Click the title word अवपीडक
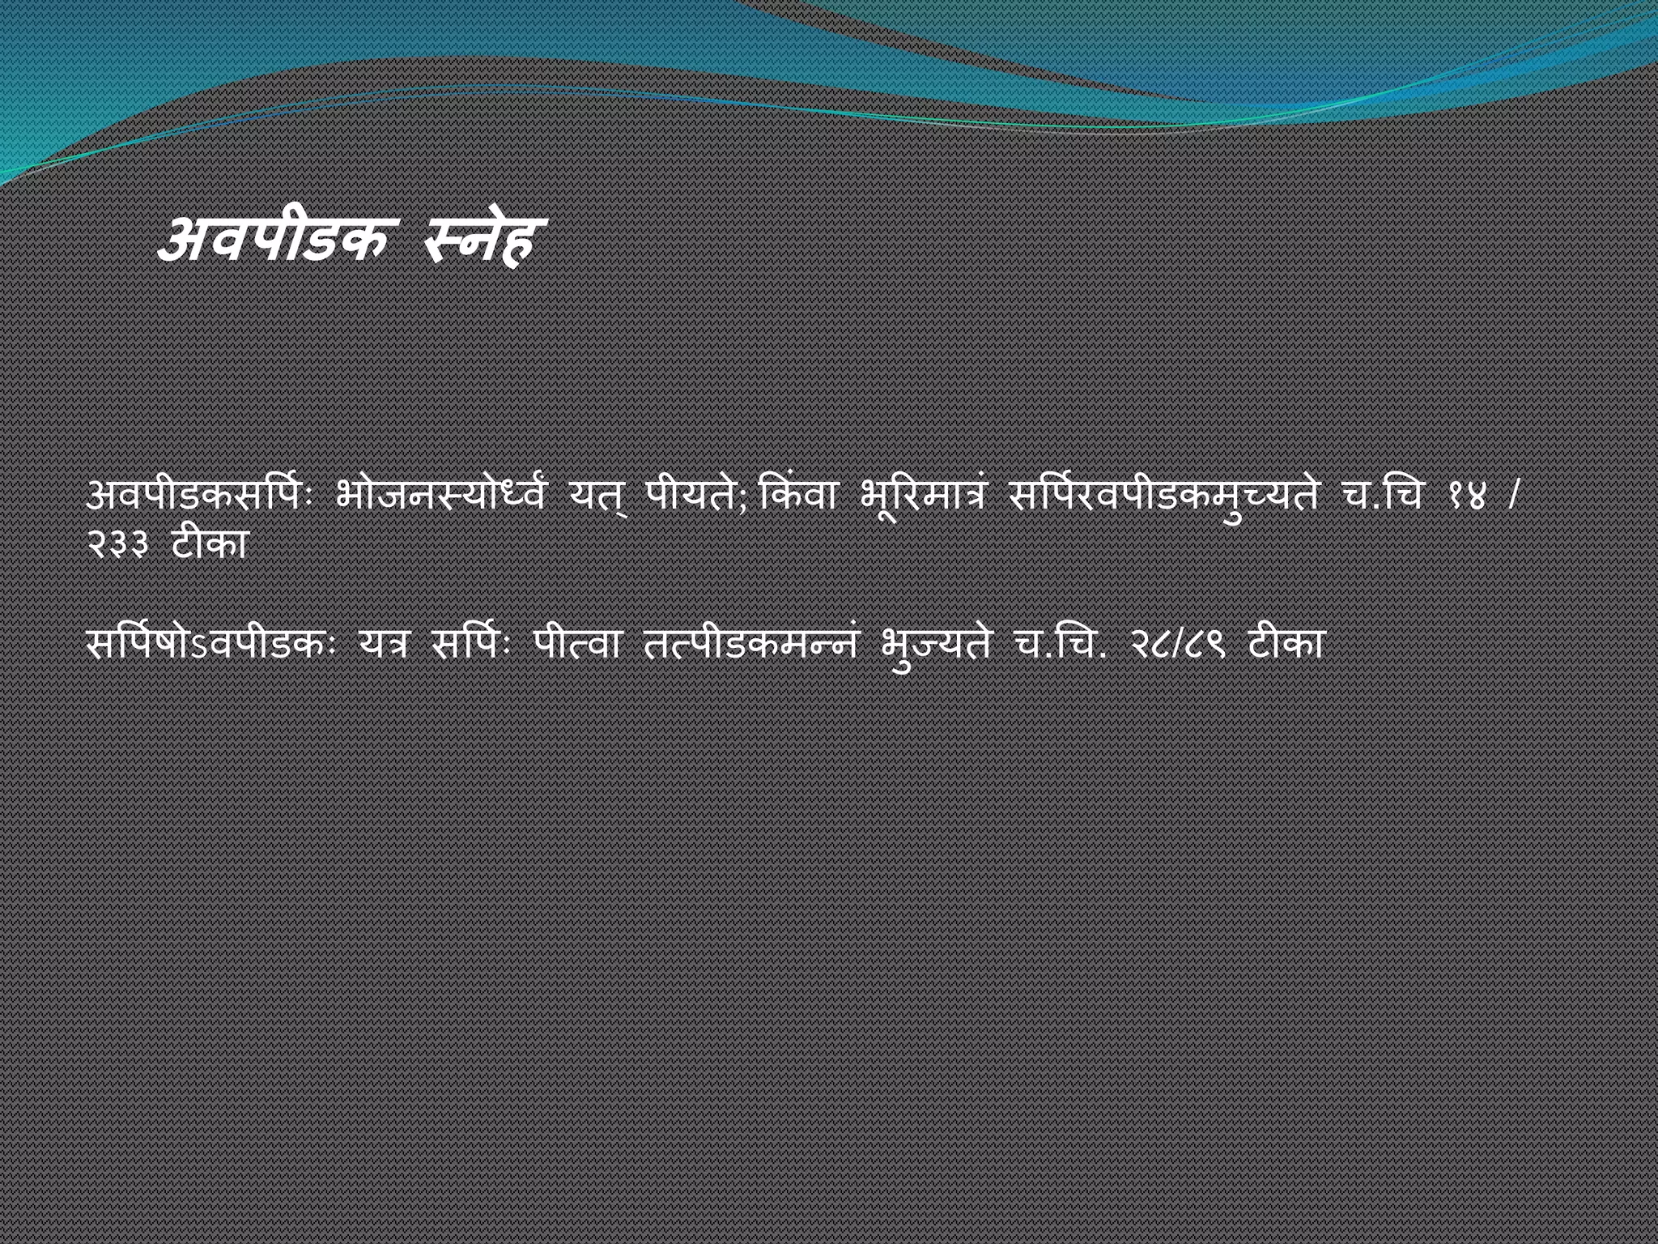pyautogui.click(x=272, y=241)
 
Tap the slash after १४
pyautogui.click(x=1513, y=496)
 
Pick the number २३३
pyautogui.click(x=117, y=545)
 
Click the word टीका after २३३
pyautogui.click(x=209, y=545)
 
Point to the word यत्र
pyautogui.click(x=386, y=645)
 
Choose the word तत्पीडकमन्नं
pyautogui.click(x=750, y=645)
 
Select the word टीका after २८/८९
pyautogui.click(x=1286, y=645)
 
